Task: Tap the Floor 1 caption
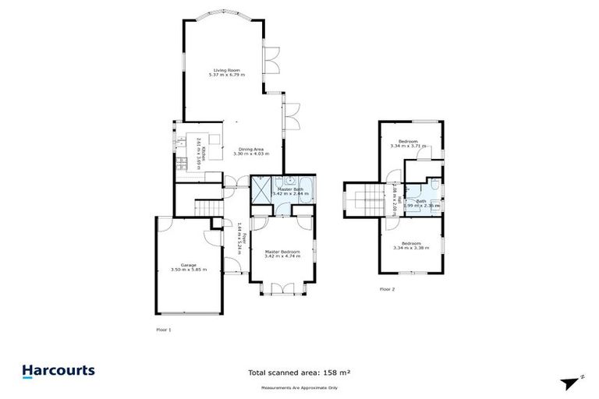164,330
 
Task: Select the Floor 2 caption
388,289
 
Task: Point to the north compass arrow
569,382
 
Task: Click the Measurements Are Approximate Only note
299,387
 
